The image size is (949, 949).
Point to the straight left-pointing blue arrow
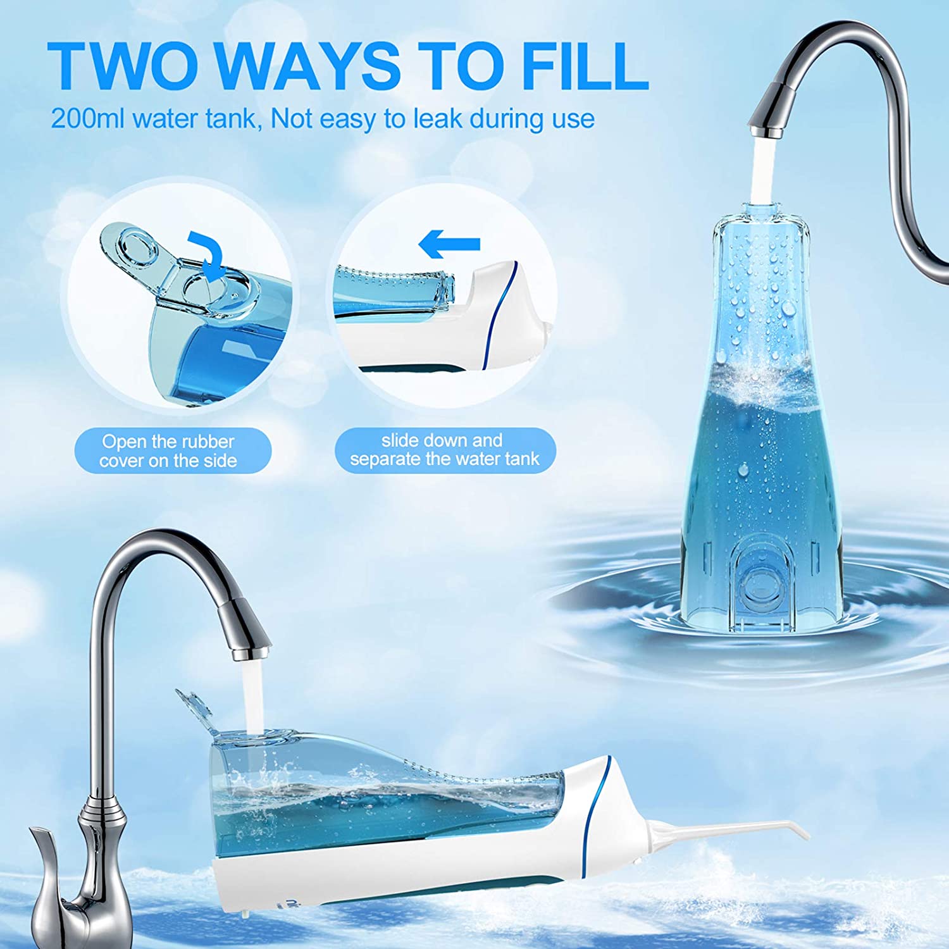click(x=450, y=244)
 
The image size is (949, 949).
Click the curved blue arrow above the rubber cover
click(x=208, y=256)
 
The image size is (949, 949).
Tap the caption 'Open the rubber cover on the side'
click(x=168, y=450)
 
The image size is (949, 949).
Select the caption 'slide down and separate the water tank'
click(x=445, y=449)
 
